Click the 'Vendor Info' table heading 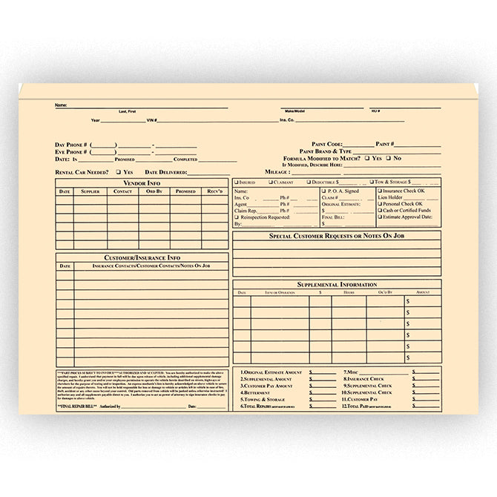[142, 182]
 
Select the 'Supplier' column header [90, 191]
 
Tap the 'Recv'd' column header [215, 191]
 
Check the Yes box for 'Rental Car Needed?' [118, 171]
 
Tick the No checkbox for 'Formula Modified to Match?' [387, 158]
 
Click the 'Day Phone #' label [71, 145]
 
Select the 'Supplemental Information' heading [337, 284]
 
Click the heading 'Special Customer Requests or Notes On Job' [337, 236]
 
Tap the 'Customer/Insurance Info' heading [142, 257]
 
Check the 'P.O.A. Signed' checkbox [323, 191]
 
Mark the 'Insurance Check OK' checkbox [380, 191]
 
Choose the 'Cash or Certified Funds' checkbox [380, 211]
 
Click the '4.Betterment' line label [256, 393]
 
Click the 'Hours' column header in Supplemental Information [348, 293]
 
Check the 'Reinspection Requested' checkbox [237, 217]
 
